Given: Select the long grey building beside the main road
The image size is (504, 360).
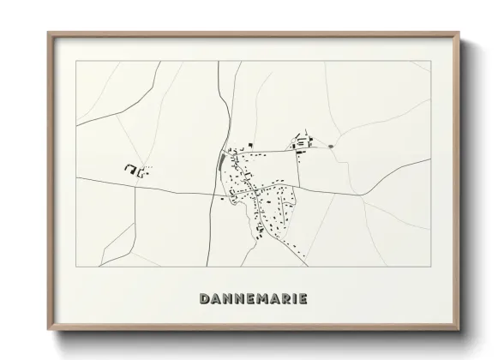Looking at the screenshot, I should [x=225, y=159].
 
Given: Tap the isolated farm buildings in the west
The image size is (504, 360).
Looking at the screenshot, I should [x=135, y=170].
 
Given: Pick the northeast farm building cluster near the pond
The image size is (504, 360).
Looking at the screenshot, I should [x=301, y=141].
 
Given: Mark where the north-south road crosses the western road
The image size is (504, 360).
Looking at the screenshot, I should [x=217, y=193].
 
